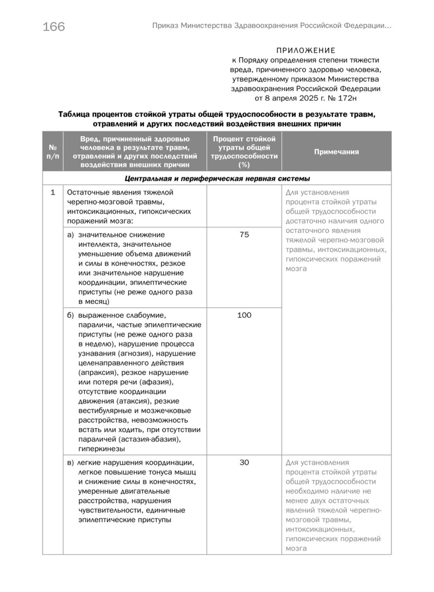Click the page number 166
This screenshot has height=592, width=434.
coord(54,27)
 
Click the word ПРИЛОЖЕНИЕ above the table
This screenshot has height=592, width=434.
coord(306,50)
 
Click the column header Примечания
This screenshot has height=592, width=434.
coord(336,152)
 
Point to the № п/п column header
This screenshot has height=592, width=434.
coord(53,152)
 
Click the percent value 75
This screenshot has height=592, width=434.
coord(244,235)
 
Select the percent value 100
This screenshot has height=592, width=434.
coord(244,315)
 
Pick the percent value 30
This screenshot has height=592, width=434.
coord(244,463)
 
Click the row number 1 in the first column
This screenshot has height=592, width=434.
coord(53,192)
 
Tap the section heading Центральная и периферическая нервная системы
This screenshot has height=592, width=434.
coord(217,179)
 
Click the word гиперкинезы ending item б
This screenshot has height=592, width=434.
coord(101,448)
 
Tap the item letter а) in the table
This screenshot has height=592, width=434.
coord(71,235)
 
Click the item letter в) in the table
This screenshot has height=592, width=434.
coord(71,463)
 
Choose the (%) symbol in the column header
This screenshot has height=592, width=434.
coord(244,165)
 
